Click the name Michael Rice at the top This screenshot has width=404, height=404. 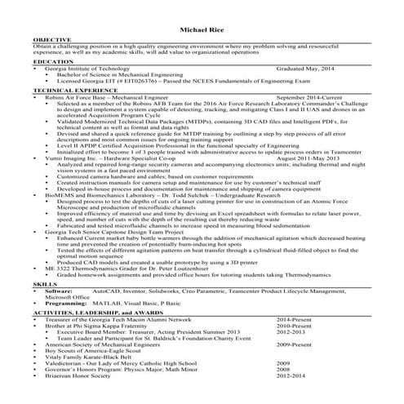click(x=202, y=29)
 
